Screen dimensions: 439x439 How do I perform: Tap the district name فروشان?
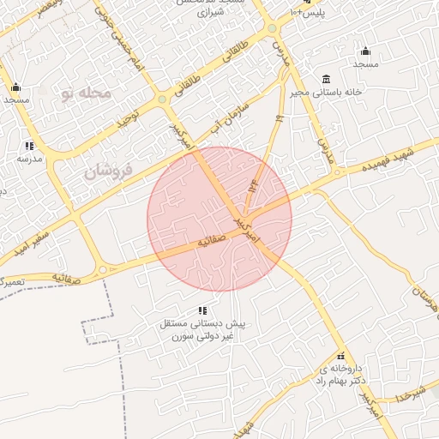coord(108,171)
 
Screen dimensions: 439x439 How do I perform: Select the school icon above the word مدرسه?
coord(30,146)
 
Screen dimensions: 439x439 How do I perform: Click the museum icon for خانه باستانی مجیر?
coord(326,79)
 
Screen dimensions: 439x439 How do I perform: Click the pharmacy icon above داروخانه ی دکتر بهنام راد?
coord(340,355)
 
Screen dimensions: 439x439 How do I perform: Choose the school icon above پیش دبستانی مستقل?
coord(202,310)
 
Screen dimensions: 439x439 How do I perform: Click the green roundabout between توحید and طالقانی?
coord(161,100)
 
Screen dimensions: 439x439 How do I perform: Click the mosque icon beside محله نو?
coord(15,87)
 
